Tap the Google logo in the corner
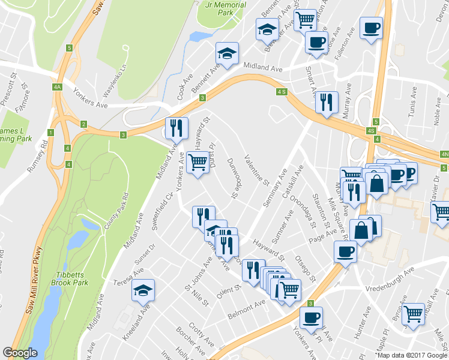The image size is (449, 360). pos(20,353)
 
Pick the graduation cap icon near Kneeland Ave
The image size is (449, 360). pos(143,291)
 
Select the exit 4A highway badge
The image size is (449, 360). pos(58,87)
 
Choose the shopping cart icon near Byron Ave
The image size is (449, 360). pos(412,313)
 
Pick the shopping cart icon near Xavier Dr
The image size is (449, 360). pos(441,211)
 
